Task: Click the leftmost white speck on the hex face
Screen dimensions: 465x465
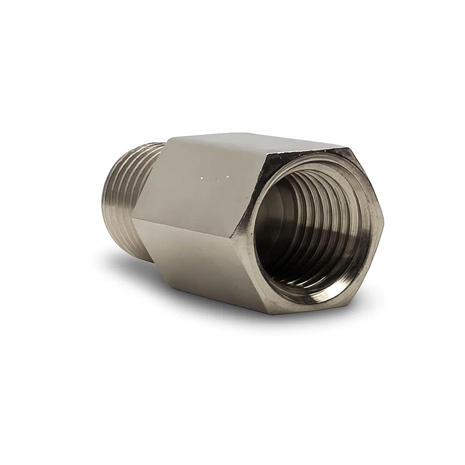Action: click(x=201, y=179)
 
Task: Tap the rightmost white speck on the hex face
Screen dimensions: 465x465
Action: click(x=228, y=177)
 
